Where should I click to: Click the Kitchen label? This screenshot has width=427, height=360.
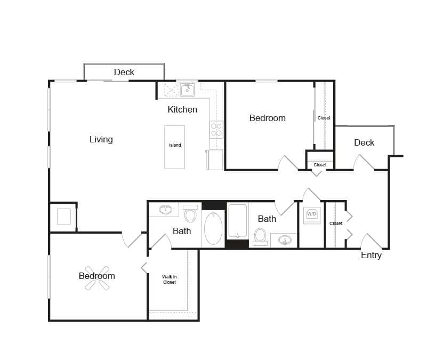tap(182, 109)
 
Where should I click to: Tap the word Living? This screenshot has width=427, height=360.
tap(101, 139)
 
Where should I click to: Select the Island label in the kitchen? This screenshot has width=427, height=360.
tap(175, 145)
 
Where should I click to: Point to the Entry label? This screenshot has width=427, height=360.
tap(371, 255)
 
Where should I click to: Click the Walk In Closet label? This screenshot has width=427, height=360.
tap(169, 279)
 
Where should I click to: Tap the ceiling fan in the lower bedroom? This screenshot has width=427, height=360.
tap(97, 278)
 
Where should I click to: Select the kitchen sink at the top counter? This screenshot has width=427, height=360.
tap(187, 90)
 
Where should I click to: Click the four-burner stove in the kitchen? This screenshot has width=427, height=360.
tap(216, 130)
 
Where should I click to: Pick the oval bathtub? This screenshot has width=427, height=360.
tap(213, 228)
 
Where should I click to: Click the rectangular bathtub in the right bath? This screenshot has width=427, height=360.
tap(238, 220)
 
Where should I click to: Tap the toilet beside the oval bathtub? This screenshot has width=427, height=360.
tap(190, 215)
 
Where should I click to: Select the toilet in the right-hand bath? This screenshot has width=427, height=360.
tap(260, 235)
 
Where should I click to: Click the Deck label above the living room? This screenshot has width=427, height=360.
tap(124, 72)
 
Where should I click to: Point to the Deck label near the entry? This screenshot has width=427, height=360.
tap(364, 142)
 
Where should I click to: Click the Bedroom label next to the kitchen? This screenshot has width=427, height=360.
tap(267, 118)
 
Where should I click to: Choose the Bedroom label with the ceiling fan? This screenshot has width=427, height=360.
tap(96, 276)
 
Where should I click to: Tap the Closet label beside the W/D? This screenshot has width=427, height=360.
tap(336, 223)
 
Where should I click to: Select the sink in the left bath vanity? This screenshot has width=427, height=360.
tap(166, 209)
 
